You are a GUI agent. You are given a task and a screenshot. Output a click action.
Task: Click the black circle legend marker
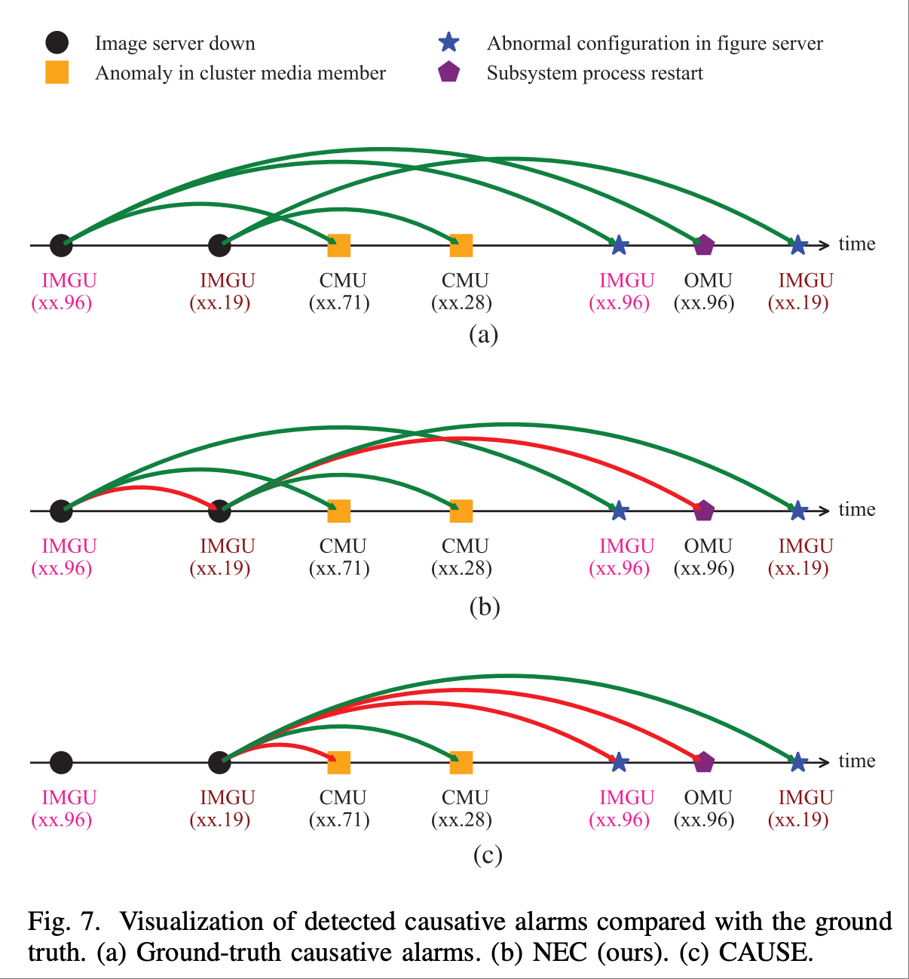[57, 43]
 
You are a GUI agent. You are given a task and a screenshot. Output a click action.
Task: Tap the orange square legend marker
[57, 72]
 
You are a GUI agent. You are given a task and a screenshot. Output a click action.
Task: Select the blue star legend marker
[448, 42]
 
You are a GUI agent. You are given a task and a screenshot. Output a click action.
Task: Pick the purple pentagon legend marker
[448, 72]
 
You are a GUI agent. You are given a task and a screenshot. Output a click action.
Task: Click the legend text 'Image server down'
[175, 43]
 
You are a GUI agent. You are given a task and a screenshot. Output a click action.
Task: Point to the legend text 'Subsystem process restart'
[595, 73]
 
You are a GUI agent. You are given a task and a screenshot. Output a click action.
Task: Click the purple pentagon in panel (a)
[703, 245]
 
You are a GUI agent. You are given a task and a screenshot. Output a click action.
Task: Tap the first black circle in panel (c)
[61, 763]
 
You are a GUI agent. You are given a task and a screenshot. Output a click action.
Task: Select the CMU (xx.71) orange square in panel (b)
[339, 511]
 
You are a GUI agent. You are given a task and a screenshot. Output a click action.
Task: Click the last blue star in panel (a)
[798, 245]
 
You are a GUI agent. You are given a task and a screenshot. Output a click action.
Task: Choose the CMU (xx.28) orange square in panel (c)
[461, 763]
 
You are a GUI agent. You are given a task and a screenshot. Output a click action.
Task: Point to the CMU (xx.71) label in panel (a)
[340, 291]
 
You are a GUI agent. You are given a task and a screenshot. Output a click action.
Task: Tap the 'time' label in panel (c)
[857, 760]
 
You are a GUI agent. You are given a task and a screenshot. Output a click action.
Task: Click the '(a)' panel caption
[483, 333]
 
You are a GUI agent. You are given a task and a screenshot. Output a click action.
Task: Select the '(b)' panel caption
[484, 606]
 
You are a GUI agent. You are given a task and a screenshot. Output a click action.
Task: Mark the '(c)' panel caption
[488, 855]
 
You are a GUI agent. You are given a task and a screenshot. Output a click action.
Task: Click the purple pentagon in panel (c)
[703, 763]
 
